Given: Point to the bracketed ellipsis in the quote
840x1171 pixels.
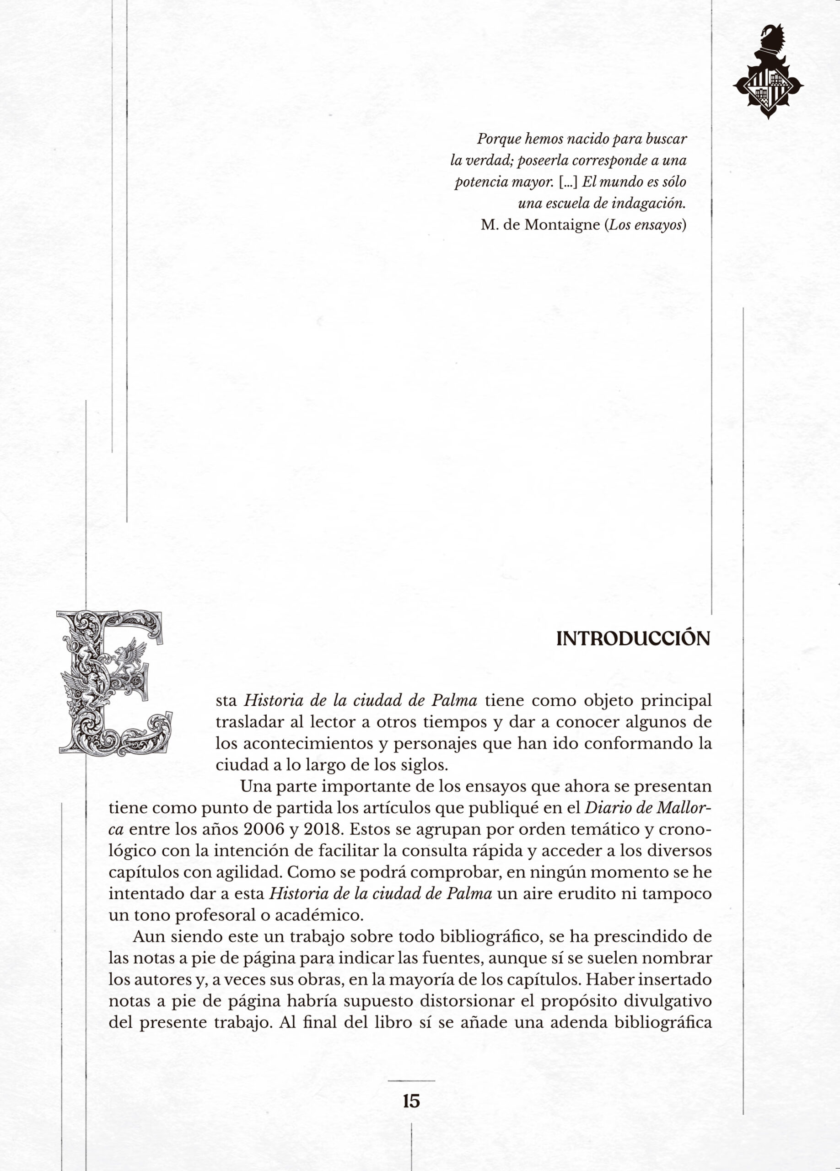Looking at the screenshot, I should (x=568, y=182).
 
